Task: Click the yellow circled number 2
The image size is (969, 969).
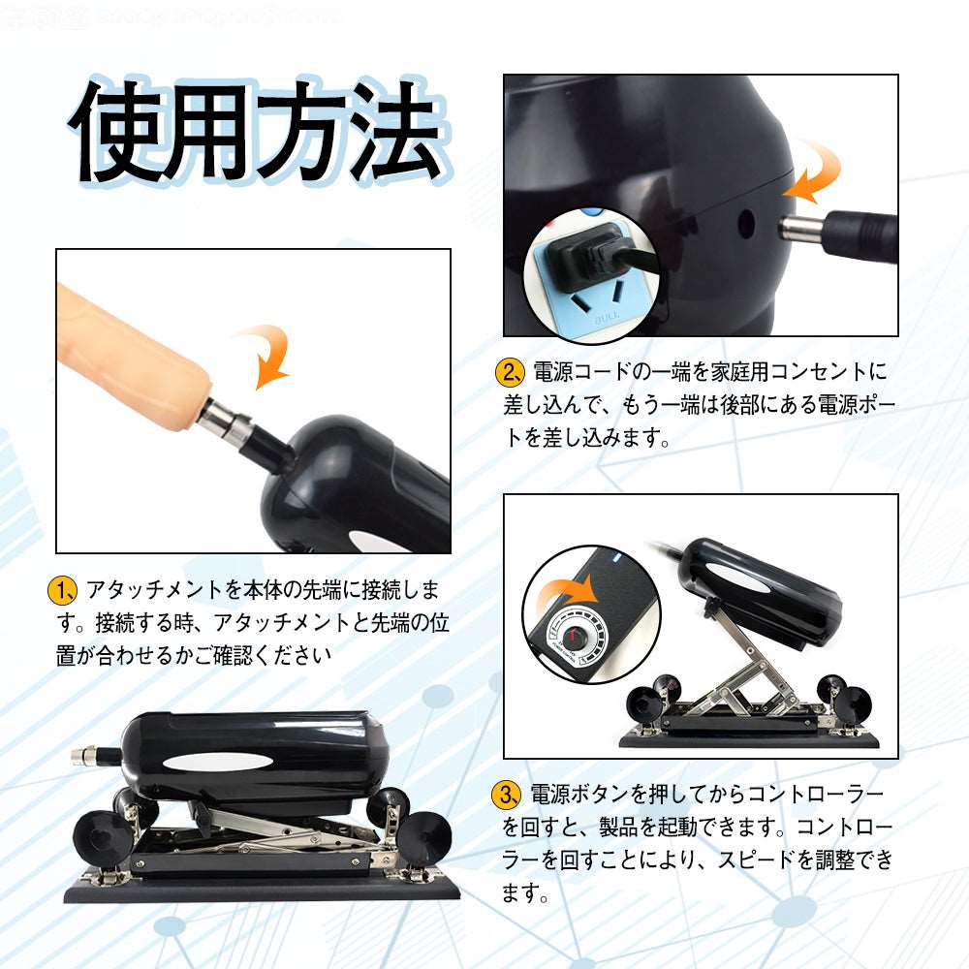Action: pyautogui.click(x=510, y=371)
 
